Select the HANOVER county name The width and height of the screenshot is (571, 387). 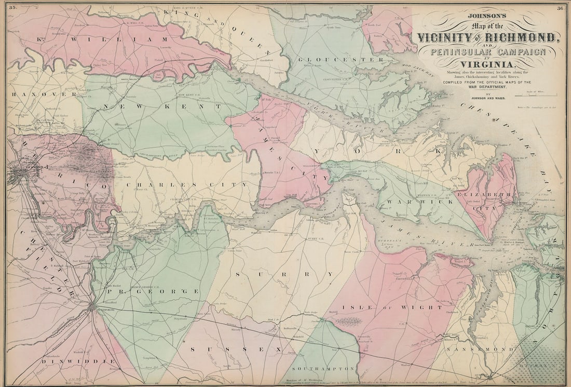tap(37, 94)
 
